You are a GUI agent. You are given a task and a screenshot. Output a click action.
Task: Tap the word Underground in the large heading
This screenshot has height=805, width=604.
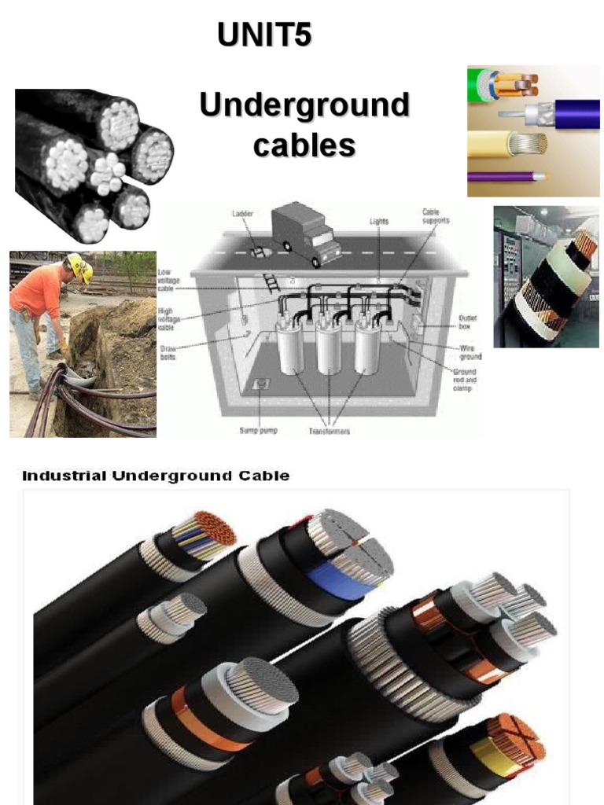pyautogui.click(x=304, y=106)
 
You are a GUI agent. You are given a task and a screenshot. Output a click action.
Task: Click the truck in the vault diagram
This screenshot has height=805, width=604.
pyautogui.click(x=306, y=233)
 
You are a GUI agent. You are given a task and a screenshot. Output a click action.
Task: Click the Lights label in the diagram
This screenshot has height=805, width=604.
pyautogui.click(x=380, y=222)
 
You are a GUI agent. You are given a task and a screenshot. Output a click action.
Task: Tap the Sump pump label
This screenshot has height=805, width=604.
pyautogui.click(x=260, y=431)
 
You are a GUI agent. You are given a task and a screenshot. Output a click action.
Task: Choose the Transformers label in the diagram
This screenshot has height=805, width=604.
pyautogui.click(x=329, y=431)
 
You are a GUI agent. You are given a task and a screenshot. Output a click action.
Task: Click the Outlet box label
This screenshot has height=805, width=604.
pyautogui.click(x=468, y=322)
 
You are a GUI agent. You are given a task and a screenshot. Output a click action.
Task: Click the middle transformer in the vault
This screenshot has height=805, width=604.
pyautogui.click(x=329, y=347)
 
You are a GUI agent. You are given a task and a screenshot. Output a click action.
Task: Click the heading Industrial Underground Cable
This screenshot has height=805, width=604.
pyautogui.click(x=155, y=476)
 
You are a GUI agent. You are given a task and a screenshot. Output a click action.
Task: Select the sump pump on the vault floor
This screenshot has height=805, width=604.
pyautogui.click(x=260, y=385)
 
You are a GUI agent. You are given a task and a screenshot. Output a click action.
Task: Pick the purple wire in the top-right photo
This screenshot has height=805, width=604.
pyautogui.click(x=503, y=177)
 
